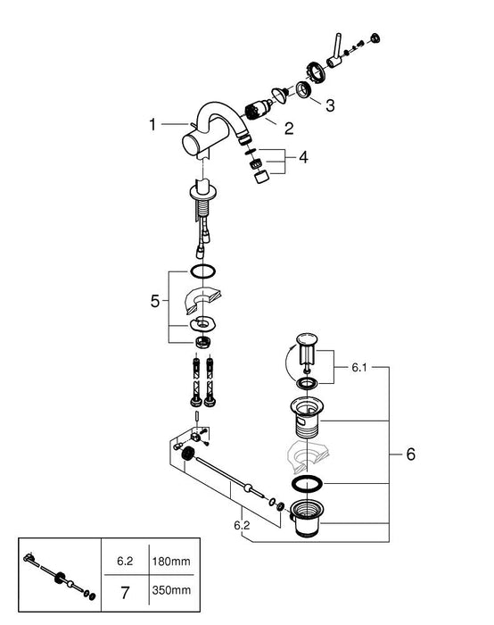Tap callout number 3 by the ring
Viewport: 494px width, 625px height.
[329, 106]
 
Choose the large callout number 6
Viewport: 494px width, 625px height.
[410, 454]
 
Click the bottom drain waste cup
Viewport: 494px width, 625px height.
[308, 520]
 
